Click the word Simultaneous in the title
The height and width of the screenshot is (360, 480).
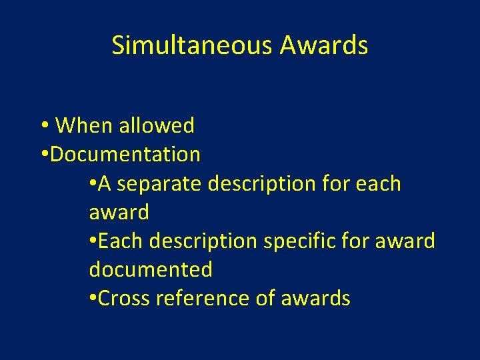click(x=193, y=45)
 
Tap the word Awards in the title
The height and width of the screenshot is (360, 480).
click(x=324, y=45)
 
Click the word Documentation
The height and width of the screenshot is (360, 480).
click(x=125, y=155)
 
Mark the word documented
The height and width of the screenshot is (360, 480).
click(x=151, y=269)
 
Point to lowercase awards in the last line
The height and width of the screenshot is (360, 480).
click(x=315, y=298)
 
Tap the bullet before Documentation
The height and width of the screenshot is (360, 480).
click(x=43, y=155)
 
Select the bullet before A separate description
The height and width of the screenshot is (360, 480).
click(x=92, y=183)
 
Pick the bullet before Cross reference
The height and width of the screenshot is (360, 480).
click(x=92, y=298)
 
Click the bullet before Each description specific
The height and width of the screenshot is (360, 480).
click(x=92, y=241)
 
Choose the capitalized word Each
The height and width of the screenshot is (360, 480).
click(x=121, y=241)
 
